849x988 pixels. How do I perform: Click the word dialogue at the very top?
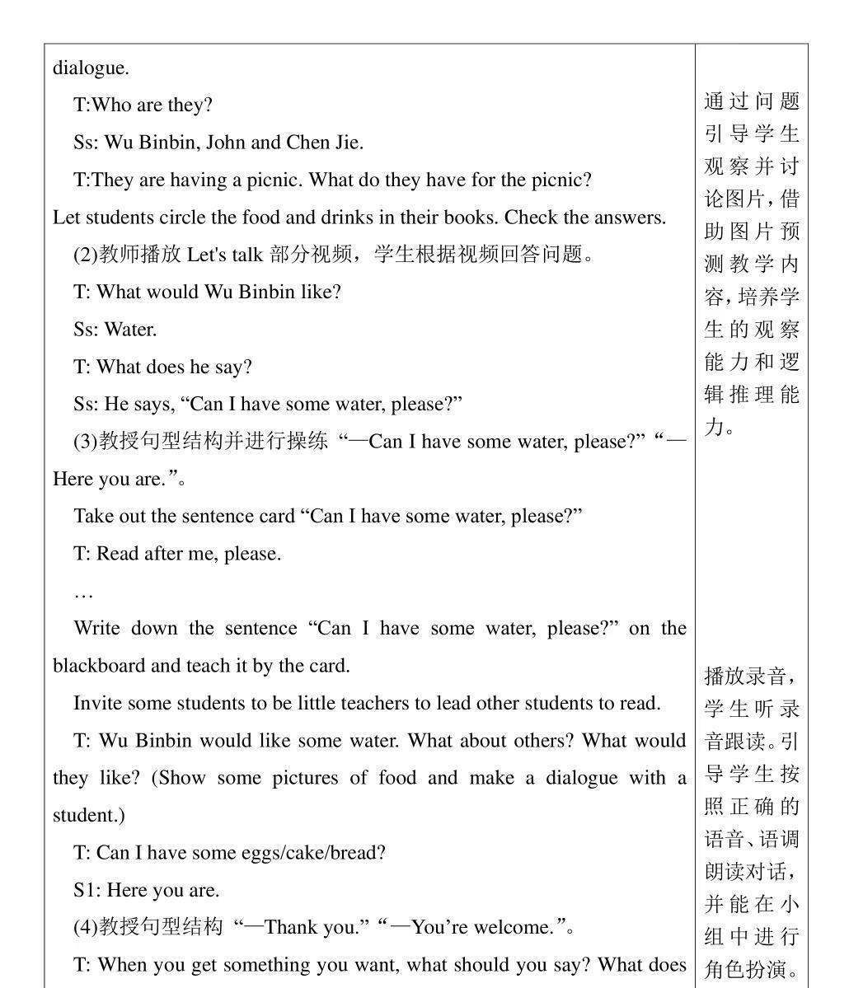click(91, 68)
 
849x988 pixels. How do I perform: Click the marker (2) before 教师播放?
click(86, 255)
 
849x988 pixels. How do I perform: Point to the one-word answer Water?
click(130, 330)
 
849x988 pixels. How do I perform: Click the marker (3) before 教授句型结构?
click(86, 442)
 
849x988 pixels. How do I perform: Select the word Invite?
click(95, 703)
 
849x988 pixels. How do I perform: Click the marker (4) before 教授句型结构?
click(86, 928)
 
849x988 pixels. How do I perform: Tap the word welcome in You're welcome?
click(516, 928)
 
